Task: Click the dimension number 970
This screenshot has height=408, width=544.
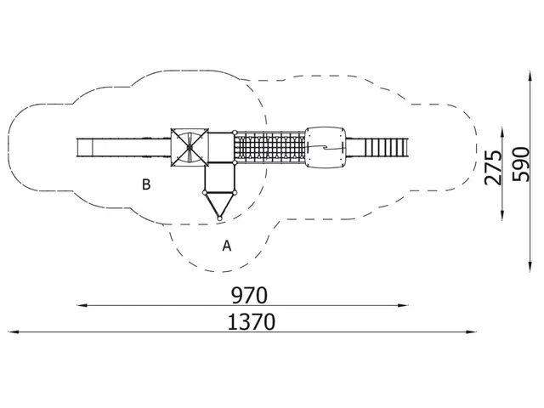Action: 249,296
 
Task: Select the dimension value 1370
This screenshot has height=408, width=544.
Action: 252,321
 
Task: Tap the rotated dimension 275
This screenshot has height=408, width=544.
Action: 493,167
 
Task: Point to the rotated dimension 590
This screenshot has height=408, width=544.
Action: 521,164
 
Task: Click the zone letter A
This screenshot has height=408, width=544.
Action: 227,246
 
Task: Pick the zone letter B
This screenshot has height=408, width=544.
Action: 146,184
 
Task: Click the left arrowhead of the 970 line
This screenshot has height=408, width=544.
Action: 82,305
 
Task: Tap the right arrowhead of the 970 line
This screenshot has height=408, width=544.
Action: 403,305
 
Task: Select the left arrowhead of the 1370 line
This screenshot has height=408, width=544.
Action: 13,332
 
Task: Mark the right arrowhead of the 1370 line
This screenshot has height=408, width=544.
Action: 472,332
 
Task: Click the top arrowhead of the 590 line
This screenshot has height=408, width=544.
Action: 530,76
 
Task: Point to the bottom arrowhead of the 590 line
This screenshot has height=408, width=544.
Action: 530,266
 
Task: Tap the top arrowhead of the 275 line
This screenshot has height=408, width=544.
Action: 502,133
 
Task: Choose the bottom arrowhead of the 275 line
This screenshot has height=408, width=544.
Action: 502,215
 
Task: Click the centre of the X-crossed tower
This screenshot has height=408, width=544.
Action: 190,147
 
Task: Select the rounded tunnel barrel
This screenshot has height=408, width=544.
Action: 326,148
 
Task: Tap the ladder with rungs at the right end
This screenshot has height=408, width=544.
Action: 386,147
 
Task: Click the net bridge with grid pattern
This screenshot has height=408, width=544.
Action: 269,147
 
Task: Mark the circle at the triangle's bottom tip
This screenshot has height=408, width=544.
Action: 219,218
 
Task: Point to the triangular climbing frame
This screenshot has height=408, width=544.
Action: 219,205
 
